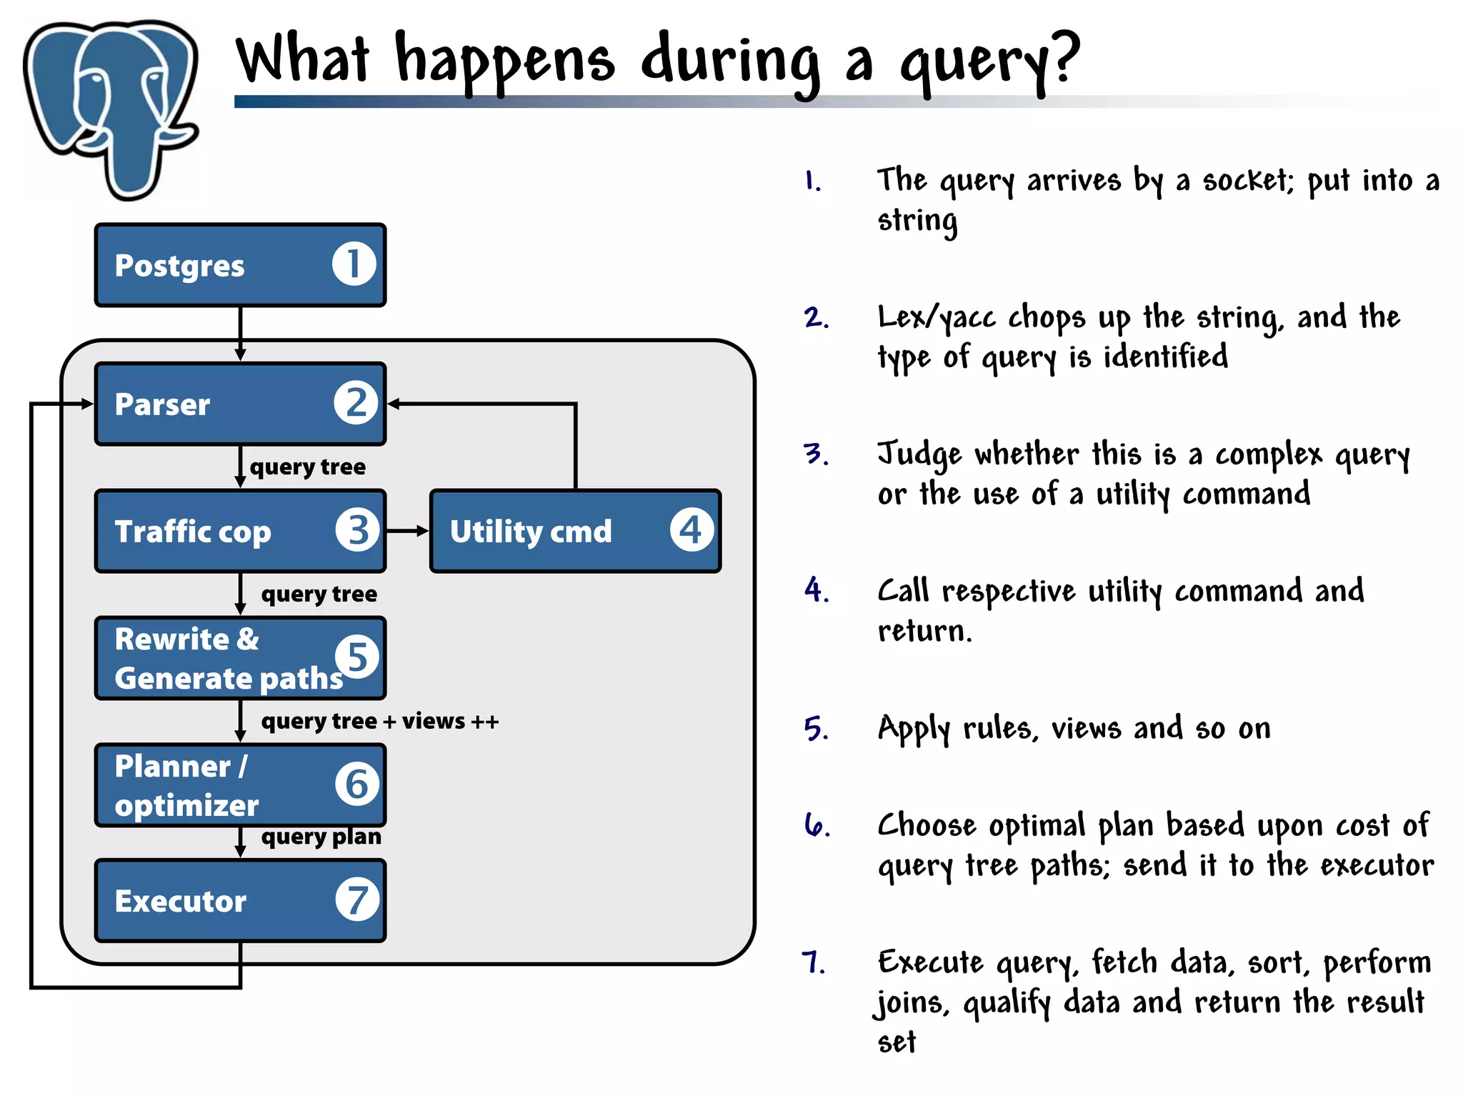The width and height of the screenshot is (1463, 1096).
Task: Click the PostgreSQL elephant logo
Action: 111,107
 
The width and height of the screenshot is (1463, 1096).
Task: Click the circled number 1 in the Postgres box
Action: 354,264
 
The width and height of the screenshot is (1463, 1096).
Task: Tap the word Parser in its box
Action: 162,404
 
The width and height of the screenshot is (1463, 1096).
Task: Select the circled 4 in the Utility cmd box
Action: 691,530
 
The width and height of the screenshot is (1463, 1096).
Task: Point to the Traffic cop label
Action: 193,532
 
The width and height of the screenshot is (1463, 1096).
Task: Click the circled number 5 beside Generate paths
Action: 356,657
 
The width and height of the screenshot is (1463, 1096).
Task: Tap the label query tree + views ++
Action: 379,721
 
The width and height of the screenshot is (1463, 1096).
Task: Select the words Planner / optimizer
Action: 186,785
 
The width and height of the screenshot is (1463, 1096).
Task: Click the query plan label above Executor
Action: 321,836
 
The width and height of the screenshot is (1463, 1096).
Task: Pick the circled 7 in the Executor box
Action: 356,900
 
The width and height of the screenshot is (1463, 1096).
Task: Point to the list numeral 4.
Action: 815,590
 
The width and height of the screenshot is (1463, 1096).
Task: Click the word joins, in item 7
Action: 912,1002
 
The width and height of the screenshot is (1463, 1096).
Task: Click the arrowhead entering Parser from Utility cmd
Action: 394,404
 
